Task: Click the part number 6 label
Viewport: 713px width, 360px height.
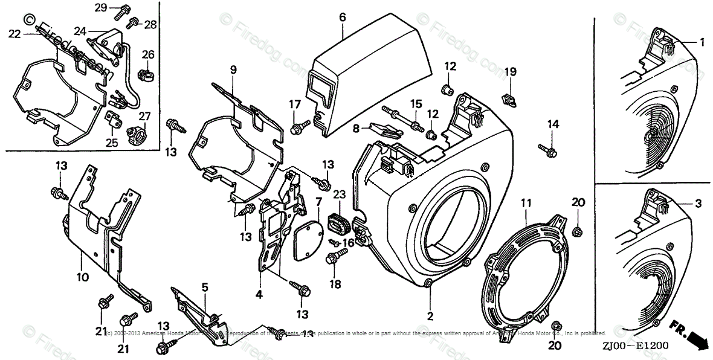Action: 342,18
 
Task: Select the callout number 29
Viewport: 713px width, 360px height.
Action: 101,7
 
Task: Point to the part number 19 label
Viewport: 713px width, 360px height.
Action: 511,72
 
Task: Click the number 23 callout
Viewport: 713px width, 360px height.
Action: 339,194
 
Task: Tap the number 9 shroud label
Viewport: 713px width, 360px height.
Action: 233,69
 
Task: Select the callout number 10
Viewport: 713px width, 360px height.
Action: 82,277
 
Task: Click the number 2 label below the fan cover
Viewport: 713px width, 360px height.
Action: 430,315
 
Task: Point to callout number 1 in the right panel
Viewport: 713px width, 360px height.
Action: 703,42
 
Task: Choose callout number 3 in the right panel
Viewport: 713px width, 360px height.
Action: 698,204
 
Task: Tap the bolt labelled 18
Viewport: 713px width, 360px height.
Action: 332,260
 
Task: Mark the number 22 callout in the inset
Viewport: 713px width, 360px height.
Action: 15,34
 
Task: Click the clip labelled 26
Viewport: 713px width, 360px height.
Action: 144,76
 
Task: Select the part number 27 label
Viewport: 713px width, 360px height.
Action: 144,116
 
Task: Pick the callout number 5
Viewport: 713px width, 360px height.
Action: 205,288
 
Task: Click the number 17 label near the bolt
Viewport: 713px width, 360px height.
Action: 294,104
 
